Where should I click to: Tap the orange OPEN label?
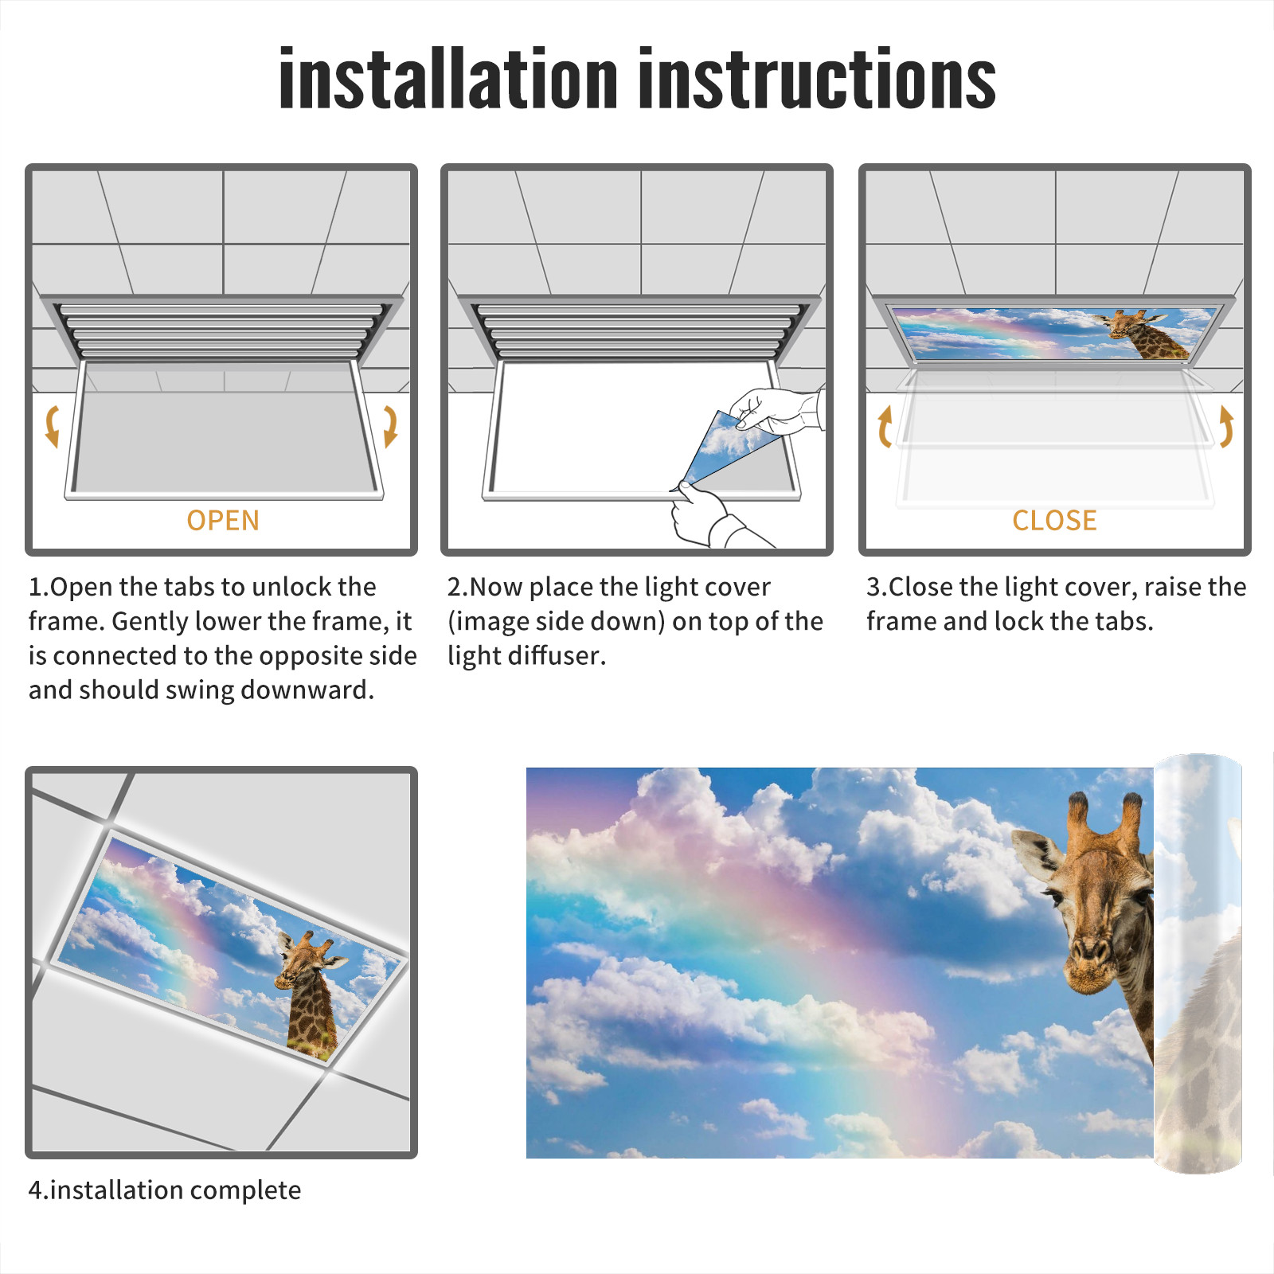[x=223, y=520]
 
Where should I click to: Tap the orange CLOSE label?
[x=1054, y=520]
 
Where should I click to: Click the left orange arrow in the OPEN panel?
[x=53, y=426]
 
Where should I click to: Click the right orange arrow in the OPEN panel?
[x=390, y=426]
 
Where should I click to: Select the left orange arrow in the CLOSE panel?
[x=885, y=426]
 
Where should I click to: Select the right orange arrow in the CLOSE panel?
[x=1226, y=426]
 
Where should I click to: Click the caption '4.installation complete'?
[x=165, y=1190]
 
